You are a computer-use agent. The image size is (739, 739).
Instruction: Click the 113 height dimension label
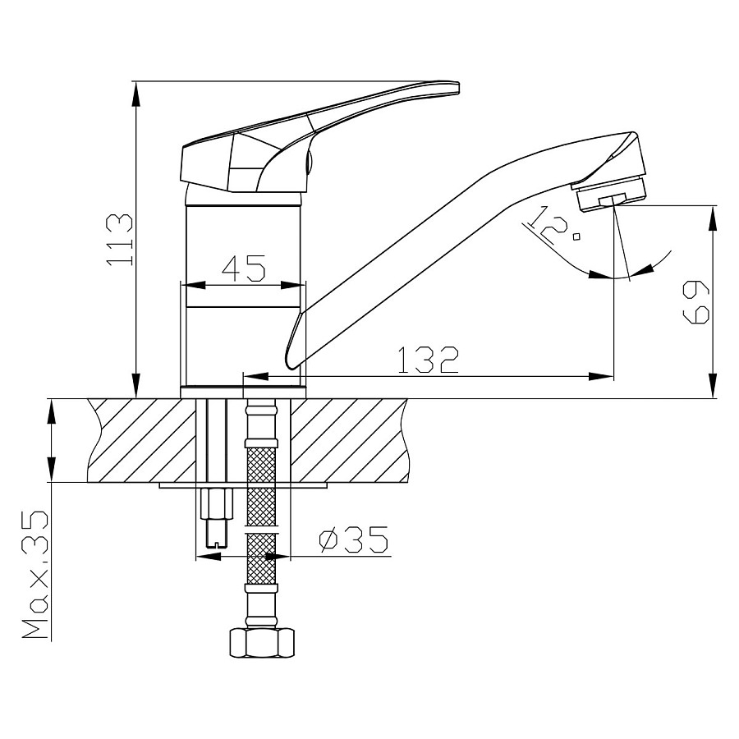click(x=120, y=240)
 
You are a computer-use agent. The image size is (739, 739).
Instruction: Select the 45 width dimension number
click(x=244, y=269)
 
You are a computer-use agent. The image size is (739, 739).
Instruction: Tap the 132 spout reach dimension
click(x=428, y=360)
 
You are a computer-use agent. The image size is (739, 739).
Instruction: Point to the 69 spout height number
click(x=695, y=301)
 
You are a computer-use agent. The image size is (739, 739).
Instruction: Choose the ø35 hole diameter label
click(x=353, y=539)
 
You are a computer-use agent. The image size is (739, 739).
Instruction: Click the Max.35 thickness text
click(x=35, y=575)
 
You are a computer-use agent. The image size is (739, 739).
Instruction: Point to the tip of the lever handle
click(x=457, y=88)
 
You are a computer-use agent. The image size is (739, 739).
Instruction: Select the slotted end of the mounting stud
click(x=216, y=542)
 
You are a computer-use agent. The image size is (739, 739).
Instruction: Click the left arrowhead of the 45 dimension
click(x=194, y=286)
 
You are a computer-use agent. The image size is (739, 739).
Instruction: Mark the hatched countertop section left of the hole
click(x=142, y=440)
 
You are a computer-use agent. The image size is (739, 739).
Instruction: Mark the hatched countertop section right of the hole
click(x=349, y=440)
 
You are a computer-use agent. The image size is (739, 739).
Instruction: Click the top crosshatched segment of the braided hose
click(x=261, y=466)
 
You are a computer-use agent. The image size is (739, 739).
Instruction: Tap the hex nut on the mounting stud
click(x=216, y=504)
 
